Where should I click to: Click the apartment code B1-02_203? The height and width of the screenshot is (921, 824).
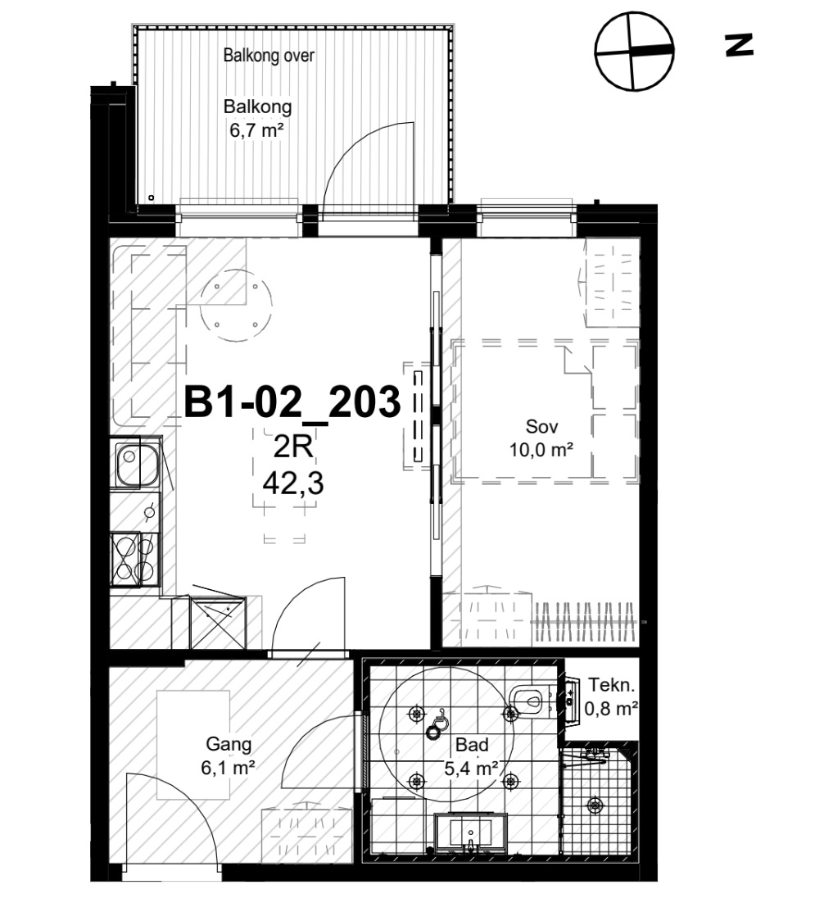292,402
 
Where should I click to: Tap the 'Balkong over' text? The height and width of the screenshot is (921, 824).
269,56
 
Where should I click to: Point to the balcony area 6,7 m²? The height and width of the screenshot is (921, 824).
256,129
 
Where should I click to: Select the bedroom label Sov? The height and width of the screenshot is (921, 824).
541,426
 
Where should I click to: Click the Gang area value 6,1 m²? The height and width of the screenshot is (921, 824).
228,767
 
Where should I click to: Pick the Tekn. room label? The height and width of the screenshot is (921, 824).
612,685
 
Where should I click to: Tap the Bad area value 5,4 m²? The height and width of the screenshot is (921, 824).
471,768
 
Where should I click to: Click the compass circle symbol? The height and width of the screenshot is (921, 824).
634,51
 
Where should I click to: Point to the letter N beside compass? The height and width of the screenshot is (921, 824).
740,45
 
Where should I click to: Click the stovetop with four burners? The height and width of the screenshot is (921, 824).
135,559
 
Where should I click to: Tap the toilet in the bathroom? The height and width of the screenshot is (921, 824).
531,699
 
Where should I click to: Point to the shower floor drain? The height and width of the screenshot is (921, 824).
595,805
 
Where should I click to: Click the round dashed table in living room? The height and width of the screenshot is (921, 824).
236,306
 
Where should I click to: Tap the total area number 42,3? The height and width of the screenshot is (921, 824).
293,484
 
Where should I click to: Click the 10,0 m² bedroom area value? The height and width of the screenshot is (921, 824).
541,450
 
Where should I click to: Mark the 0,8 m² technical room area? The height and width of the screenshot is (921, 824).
611,709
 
